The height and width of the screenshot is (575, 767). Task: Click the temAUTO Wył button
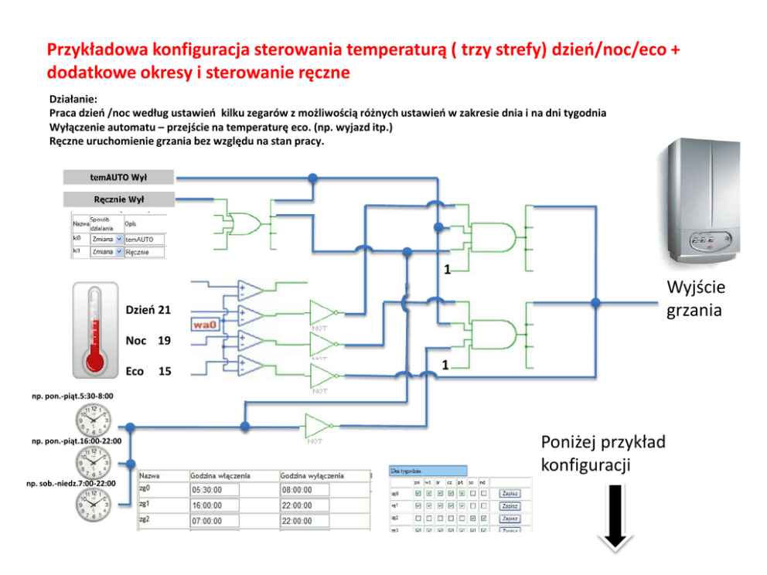tap(118, 177)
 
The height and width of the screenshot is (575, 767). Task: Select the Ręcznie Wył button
tap(118, 199)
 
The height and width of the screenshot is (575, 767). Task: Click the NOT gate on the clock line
tap(318, 426)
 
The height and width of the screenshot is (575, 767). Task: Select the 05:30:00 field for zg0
tap(214, 490)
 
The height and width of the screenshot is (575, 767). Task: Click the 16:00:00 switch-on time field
tap(214, 505)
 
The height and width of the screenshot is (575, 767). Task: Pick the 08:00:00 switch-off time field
tap(305, 490)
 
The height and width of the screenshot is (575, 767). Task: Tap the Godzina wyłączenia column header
tap(312, 475)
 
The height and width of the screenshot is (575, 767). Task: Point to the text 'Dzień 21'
tap(148, 310)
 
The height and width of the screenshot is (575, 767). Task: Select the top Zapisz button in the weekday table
tap(510, 493)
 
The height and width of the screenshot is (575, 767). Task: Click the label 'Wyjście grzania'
tap(695, 299)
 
